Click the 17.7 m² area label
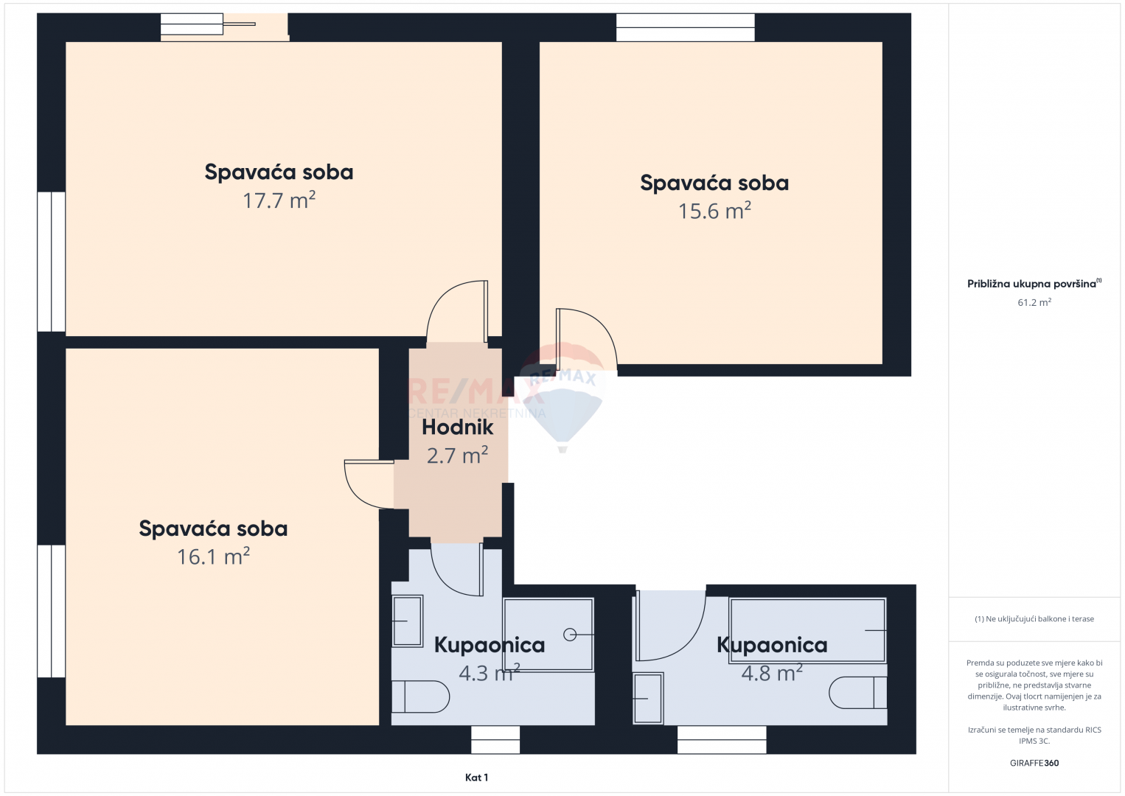tap(279, 200)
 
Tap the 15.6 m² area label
tap(714, 211)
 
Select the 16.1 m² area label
tap(214, 557)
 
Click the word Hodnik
tap(458, 427)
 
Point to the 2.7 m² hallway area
tap(458, 455)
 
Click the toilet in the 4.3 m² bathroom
tap(420, 696)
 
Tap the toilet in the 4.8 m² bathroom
tap(858, 693)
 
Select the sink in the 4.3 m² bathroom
tap(407, 621)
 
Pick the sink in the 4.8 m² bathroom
tap(648, 698)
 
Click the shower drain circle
tap(570, 635)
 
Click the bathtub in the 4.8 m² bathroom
tap(807, 631)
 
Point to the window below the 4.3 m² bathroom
tap(495, 740)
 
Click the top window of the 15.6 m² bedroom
tap(686, 27)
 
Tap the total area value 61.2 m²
tap(1034, 302)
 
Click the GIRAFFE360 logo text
tap(1034, 763)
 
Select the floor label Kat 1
tap(477, 778)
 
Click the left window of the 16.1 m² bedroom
tap(51, 611)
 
